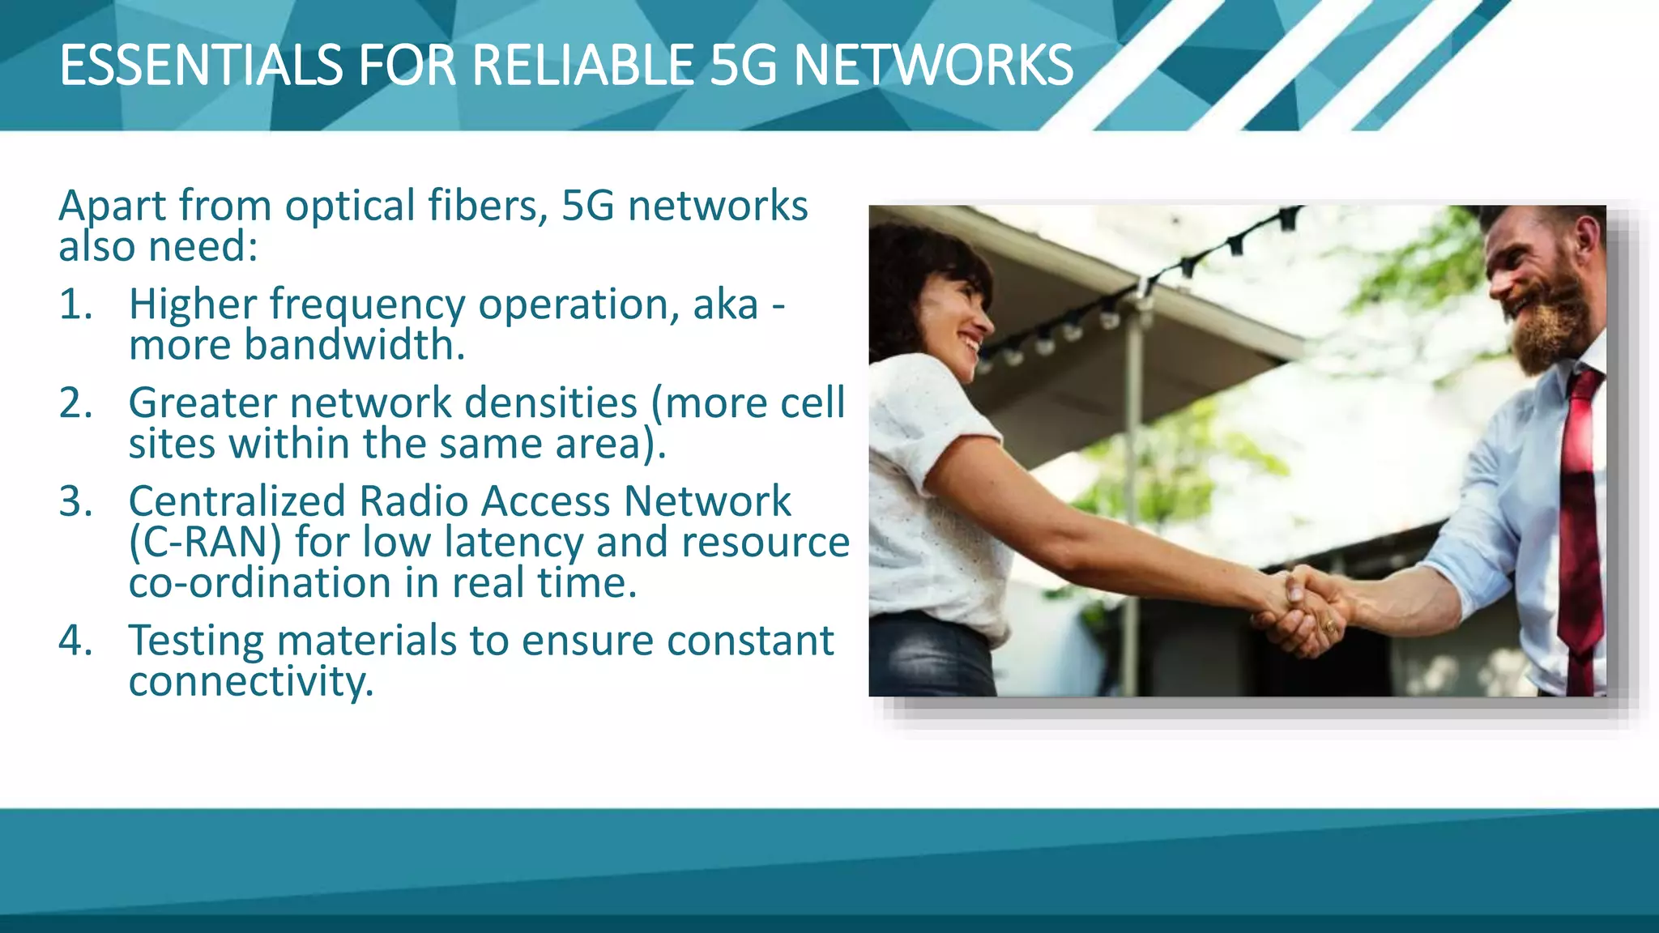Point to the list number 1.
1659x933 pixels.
tap(75, 305)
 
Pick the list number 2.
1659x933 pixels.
tap(75, 403)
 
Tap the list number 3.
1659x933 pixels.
tap(75, 501)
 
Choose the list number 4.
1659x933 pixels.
tap(75, 641)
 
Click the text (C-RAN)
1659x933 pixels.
tap(205, 543)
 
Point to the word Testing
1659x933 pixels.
tap(196, 641)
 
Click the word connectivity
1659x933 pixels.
tap(251, 682)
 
